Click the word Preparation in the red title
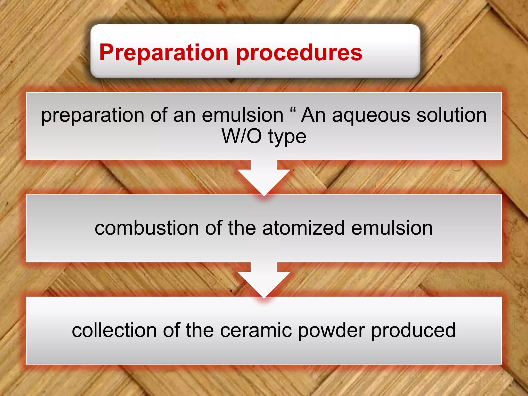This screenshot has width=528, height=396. click(x=164, y=53)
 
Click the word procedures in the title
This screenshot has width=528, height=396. click(x=299, y=53)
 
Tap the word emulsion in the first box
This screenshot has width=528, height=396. click(x=243, y=115)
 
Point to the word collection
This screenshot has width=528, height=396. click(x=114, y=330)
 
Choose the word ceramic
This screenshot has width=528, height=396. click(x=256, y=330)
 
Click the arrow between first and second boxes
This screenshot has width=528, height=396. click(x=264, y=178)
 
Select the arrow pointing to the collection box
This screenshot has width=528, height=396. click(x=264, y=280)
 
